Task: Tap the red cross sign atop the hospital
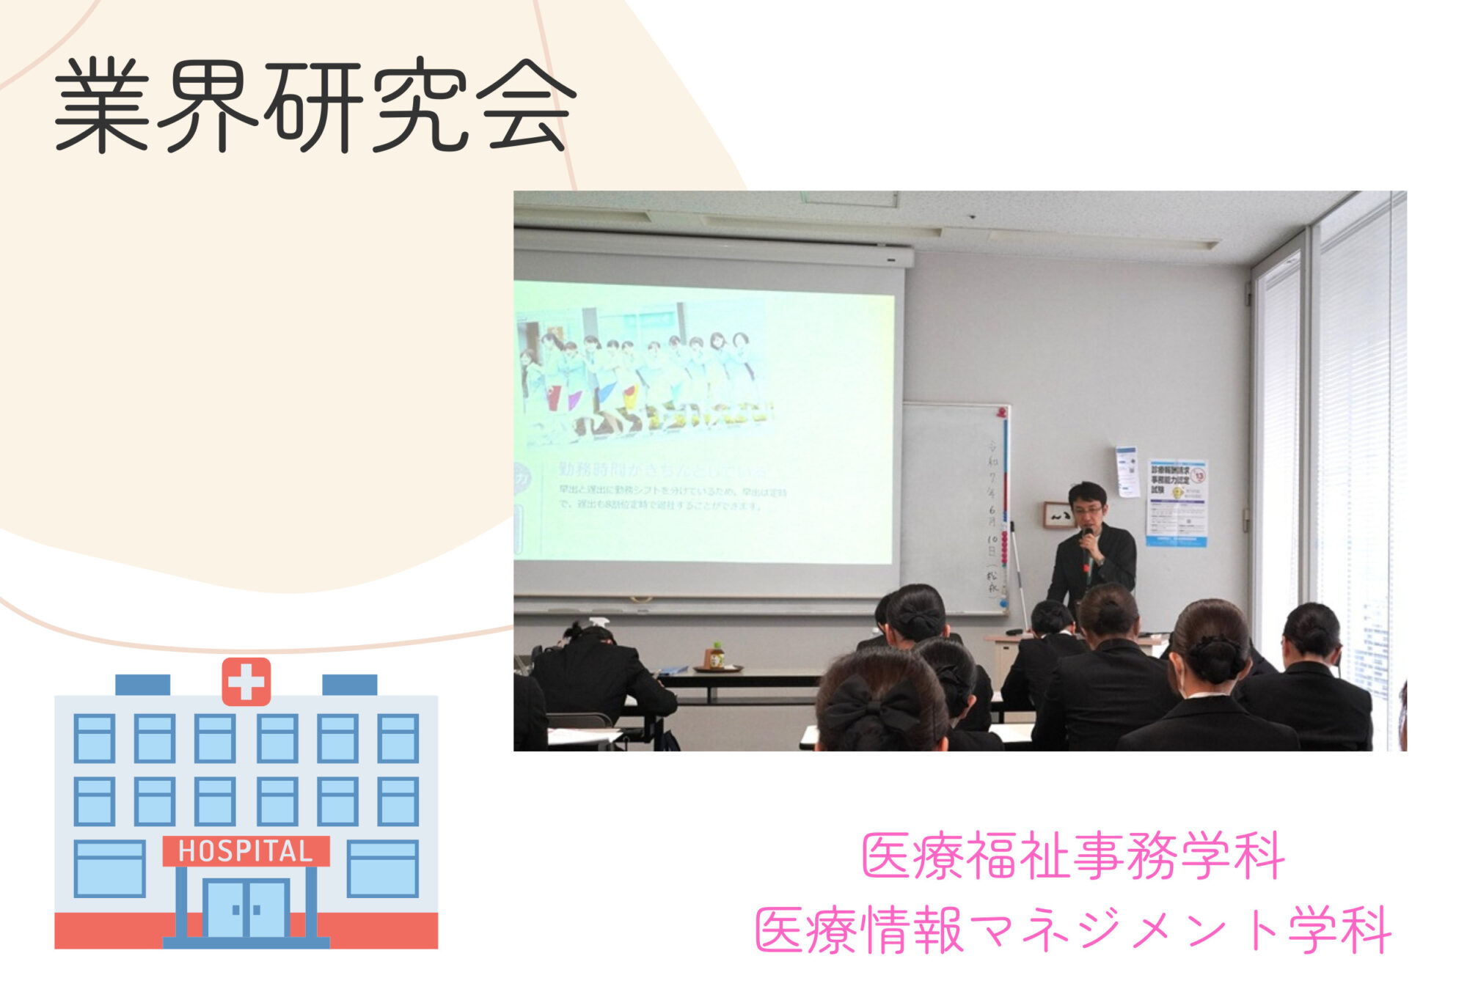pos(246,682)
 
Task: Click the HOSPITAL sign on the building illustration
pos(246,851)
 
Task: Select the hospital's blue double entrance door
pos(246,909)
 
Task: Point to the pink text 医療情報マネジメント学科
pos(1072,930)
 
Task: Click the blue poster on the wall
pos(1177,502)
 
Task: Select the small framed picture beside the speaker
pos(1058,515)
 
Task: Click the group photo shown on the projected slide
pos(645,385)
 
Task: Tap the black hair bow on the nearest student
pos(873,707)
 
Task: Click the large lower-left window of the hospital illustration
pos(109,869)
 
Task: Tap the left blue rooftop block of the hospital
pos(142,685)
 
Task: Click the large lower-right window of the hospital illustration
pos(382,869)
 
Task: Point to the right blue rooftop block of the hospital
pos(350,685)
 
